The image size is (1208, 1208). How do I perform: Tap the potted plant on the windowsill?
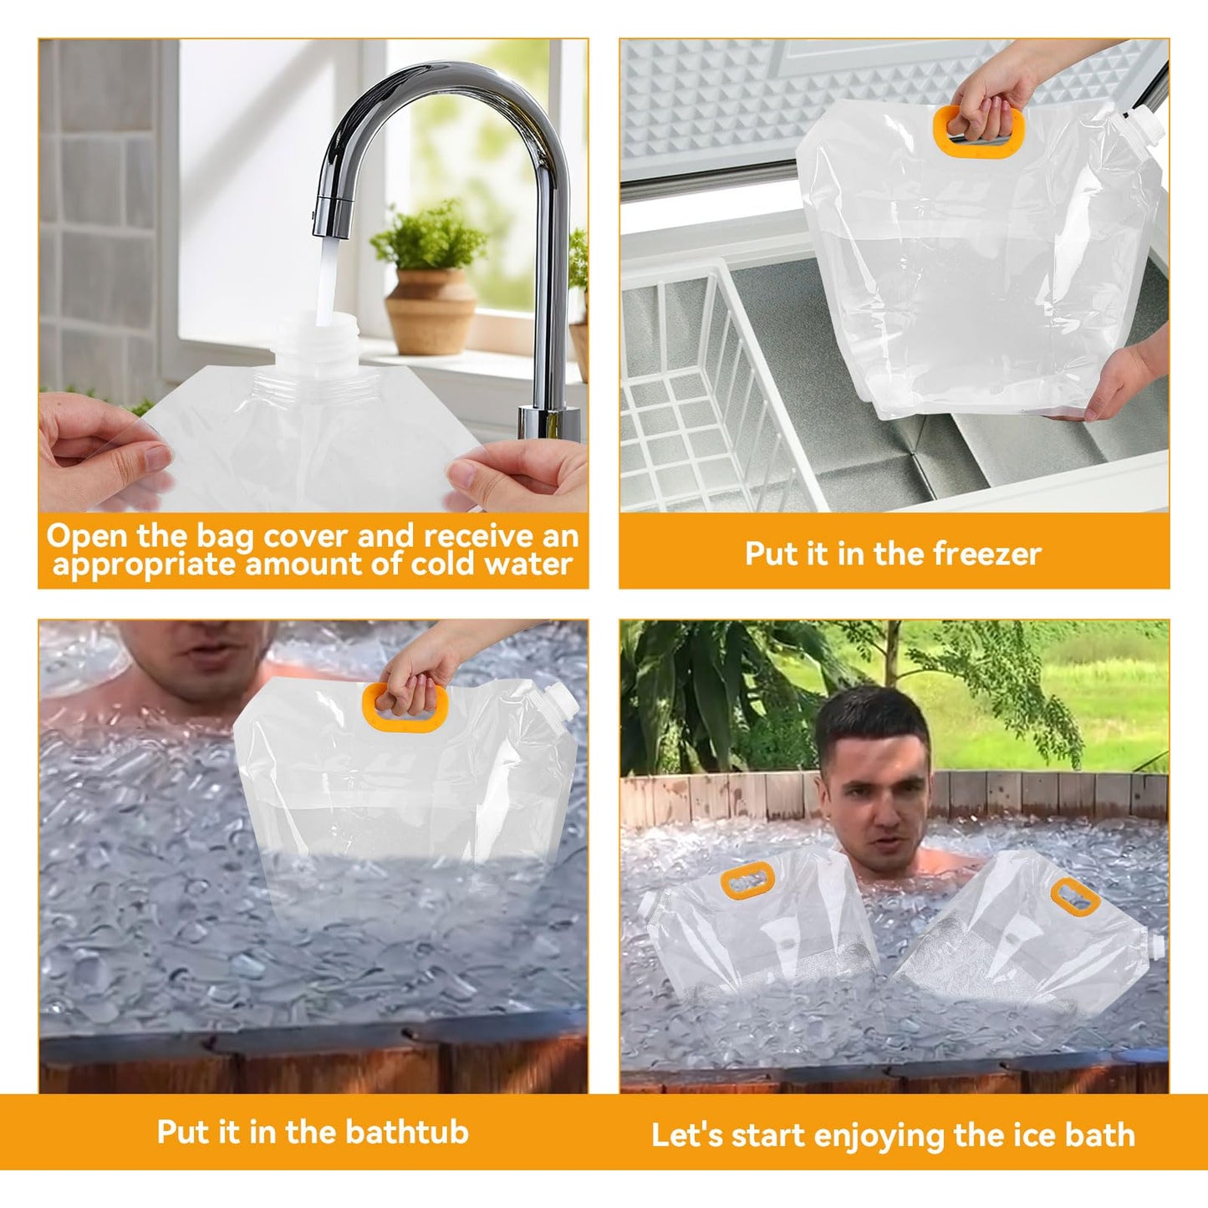point(429,275)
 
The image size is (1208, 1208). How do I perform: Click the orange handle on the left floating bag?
point(747,881)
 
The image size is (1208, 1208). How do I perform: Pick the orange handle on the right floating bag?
point(1075,897)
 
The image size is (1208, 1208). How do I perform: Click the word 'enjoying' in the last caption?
point(879,1135)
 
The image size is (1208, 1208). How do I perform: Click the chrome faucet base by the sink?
point(548,422)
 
